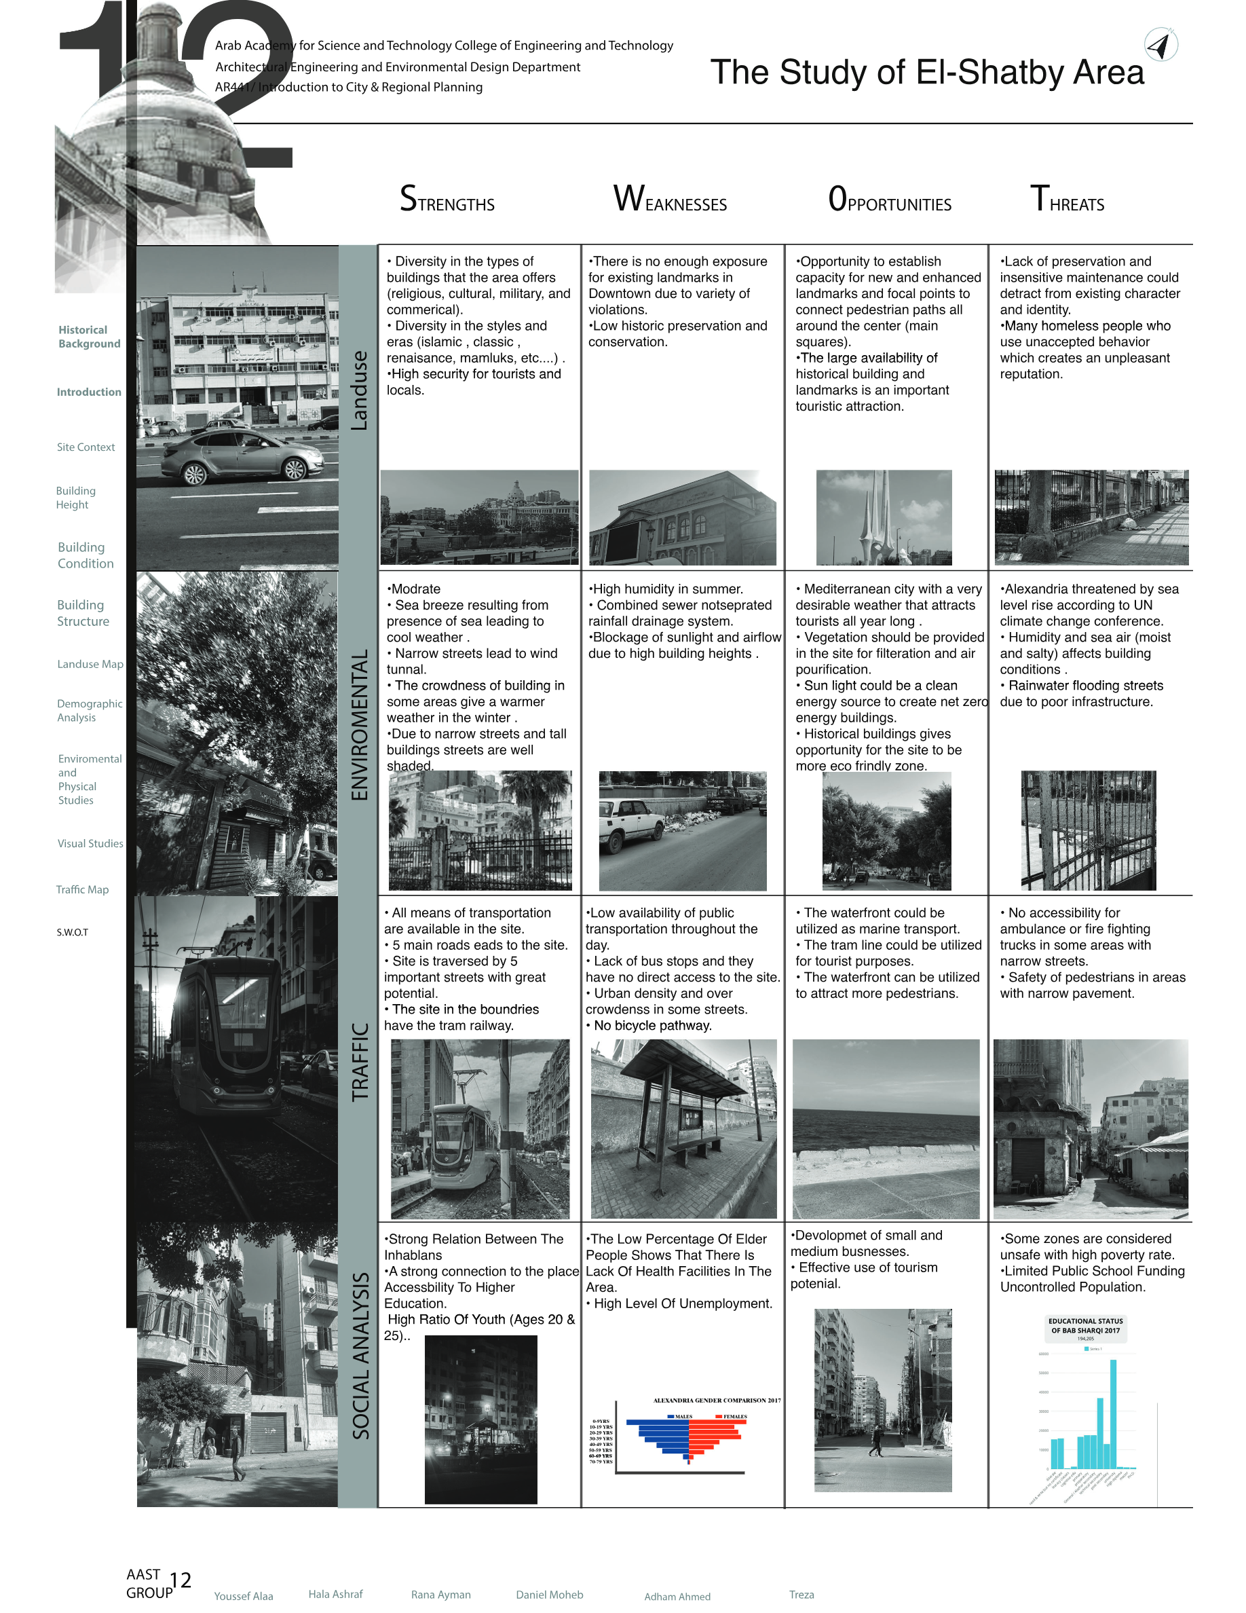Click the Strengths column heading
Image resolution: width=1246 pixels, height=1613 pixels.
(447, 200)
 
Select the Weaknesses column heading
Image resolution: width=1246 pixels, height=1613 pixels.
(670, 200)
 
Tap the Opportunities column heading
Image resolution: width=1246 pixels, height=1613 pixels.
(890, 200)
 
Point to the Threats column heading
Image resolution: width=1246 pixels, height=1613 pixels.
(1067, 200)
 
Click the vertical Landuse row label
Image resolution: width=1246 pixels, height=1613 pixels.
(359, 391)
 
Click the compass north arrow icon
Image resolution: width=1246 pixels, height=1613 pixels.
(1160, 44)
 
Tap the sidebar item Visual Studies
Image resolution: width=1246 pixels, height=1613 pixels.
(90, 843)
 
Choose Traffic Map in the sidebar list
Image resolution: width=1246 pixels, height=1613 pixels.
(82, 889)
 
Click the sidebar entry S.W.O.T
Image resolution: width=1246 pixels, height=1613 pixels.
(73, 932)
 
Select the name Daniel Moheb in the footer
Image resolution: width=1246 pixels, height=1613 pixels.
(549, 1595)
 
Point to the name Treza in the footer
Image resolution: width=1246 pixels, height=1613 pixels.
(801, 1595)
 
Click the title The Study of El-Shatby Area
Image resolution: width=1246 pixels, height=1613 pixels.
(926, 73)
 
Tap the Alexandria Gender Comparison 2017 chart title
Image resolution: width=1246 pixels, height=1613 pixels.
(716, 1401)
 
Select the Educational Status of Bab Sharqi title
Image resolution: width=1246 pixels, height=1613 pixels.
(1085, 1326)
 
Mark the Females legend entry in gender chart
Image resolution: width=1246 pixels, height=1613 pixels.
(731, 1417)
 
